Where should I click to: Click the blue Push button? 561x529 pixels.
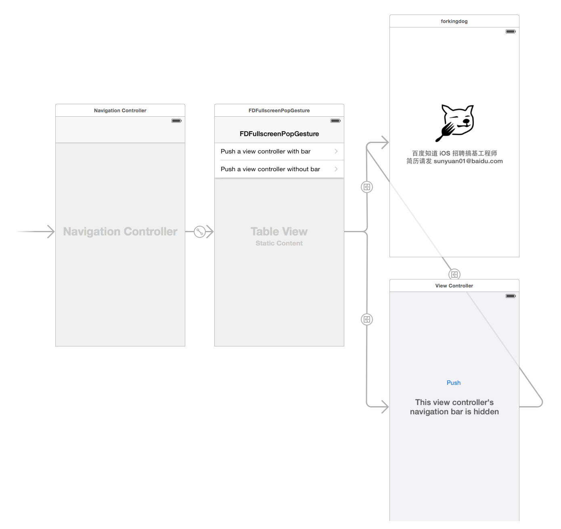pos(453,382)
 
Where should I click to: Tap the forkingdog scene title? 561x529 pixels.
pos(454,21)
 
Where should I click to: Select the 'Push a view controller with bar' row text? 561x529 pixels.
pos(266,151)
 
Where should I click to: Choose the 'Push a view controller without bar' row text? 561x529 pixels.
pos(270,169)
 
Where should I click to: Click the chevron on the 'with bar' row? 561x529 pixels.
pos(336,151)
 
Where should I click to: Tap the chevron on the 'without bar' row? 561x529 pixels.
pos(336,169)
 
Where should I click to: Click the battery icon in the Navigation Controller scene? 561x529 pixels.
pos(176,121)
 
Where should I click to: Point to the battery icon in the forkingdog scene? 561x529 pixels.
pos(511,31)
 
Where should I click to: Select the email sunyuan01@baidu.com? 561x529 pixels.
pos(468,161)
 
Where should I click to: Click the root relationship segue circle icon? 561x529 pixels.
pos(200,232)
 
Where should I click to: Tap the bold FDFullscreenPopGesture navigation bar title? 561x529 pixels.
pos(279,134)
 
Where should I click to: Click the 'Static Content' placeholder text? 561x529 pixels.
pos(279,243)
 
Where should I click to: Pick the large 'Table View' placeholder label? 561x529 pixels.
pos(279,231)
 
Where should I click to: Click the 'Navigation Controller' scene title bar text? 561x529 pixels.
pos(120,111)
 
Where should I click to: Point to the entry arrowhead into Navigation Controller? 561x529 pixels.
pos(51,231)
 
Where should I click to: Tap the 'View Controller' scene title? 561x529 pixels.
pos(454,286)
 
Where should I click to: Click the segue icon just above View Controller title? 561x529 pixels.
pos(454,274)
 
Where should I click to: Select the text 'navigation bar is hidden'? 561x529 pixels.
pos(454,411)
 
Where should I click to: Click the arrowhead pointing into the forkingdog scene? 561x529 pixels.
pos(385,142)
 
